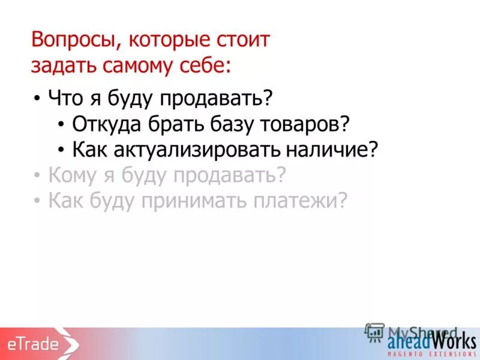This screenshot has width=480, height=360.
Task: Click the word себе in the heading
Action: pos(202,65)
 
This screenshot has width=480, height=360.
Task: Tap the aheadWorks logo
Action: pos(431,342)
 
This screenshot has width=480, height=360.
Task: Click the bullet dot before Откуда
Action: pos(62,124)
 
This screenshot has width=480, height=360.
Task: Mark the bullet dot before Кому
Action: pos(37,176)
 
